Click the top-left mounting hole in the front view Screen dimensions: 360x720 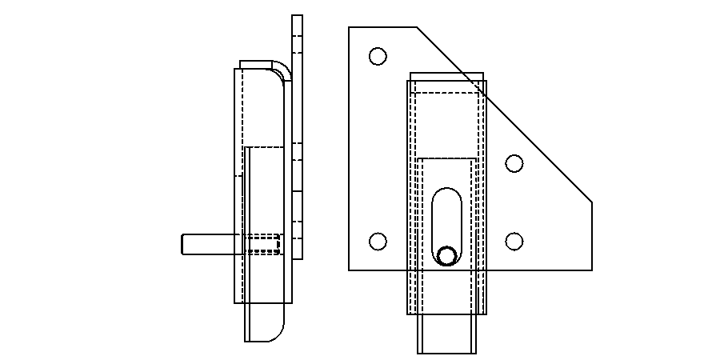pos(378,56)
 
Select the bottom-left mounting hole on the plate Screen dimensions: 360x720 pos(378,241)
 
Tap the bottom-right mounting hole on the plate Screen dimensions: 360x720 pos(514,241)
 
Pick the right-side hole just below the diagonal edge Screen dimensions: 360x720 pos(514,163)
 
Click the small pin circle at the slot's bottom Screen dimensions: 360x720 pos(446,255)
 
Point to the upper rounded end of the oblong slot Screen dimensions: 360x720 pos(446,197)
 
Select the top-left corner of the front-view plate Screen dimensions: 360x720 pos(350,27)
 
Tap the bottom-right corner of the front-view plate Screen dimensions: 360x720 pos(591,270)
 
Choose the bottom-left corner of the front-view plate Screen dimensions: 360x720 pos(350,270)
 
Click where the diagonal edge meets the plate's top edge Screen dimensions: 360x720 pos(417,27)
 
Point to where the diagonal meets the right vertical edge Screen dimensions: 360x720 pos(591,202)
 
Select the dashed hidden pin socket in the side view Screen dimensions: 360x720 pos(262,244)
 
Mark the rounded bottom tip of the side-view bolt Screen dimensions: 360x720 pos(272,332)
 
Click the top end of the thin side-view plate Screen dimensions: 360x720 pos(297,17)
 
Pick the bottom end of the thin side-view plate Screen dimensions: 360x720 pos(297,257)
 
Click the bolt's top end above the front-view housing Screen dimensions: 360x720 pos(446,76)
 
